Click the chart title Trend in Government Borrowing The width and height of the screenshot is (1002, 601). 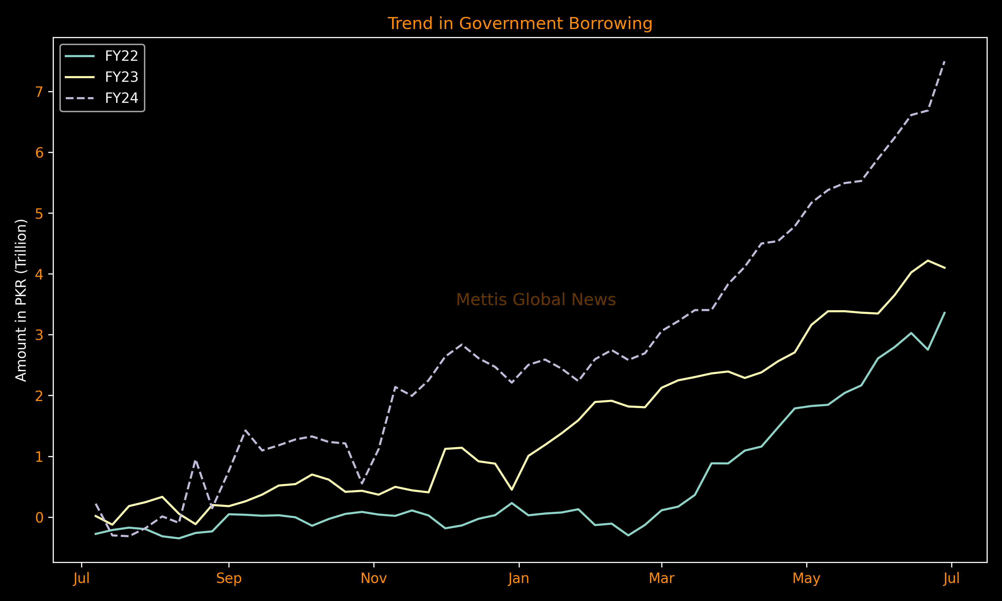[520, 23]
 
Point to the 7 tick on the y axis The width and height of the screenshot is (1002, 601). [39, 92]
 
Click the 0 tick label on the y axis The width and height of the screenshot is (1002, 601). [39, 518]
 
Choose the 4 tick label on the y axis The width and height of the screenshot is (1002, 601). [39, 274]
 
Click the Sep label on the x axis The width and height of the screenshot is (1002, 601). [229, 578]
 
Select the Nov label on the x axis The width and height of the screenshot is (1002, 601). [373, 578]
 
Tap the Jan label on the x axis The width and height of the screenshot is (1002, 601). [519, 578]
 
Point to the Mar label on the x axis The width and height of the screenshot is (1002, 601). [661, 578]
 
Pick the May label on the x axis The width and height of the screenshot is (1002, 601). [806, 578]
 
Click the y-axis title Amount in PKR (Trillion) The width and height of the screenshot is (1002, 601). [21, 300]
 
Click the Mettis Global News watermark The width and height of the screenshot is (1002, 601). [536, 300]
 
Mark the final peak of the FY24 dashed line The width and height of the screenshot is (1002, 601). [945, 61]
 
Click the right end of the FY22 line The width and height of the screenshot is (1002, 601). [945, 312]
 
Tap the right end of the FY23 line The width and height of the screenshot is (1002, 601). [945, 268]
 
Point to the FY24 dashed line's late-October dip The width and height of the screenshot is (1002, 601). [362, 483]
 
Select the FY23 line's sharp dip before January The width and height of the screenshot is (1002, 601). [512, 489]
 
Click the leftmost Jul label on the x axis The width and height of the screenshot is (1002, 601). [81, 578]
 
